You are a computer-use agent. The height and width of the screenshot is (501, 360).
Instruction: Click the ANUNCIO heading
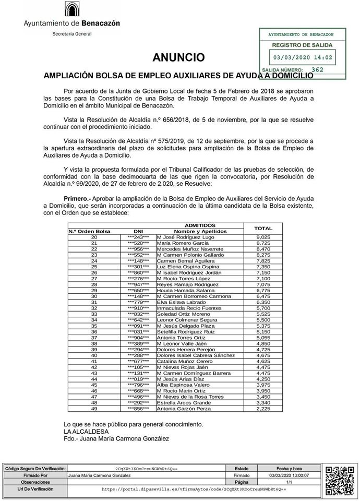178,57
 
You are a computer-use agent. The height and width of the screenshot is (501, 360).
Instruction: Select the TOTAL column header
262,228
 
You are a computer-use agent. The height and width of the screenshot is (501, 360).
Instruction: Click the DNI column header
138,231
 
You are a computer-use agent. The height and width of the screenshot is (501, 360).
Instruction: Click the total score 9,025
262,237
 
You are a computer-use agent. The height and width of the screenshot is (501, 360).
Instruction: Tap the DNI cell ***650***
138,290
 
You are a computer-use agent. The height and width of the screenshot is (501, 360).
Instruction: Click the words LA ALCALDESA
86,432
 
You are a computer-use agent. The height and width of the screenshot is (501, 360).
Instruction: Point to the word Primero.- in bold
79,199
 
